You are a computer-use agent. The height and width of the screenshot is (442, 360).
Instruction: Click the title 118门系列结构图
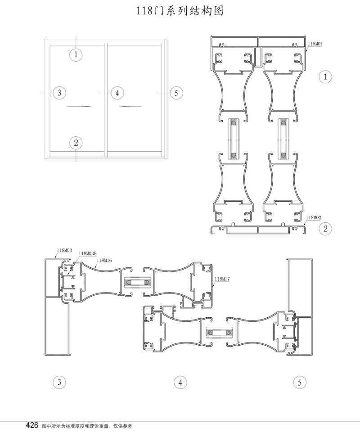[180, 11]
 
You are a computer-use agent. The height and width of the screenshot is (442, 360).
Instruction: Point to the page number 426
[32, 425]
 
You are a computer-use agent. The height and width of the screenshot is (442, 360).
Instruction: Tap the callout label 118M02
[314, 217]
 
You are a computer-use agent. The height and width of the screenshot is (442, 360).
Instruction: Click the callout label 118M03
[64, 250]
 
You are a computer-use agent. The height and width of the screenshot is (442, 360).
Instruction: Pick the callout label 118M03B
[88, 254]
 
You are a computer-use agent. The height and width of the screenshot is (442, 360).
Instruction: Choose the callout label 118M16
[104, 260]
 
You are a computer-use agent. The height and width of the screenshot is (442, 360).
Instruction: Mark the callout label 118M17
[223, 279]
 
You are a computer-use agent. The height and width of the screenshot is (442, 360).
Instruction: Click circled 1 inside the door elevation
[76, 55]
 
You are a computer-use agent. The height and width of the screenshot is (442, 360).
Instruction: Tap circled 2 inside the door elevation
[76, 143]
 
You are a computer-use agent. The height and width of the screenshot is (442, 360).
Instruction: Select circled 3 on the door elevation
[59, 93]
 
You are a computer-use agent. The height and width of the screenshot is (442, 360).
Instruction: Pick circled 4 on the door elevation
[117, 93]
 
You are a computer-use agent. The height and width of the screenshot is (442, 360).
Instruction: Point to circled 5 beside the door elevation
[176, 93]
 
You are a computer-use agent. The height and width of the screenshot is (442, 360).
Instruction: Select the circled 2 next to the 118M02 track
[325, 229]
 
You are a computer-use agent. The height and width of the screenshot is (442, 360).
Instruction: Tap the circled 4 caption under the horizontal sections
[180, 383]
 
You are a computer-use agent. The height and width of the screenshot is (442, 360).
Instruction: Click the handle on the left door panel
[78, 106]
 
